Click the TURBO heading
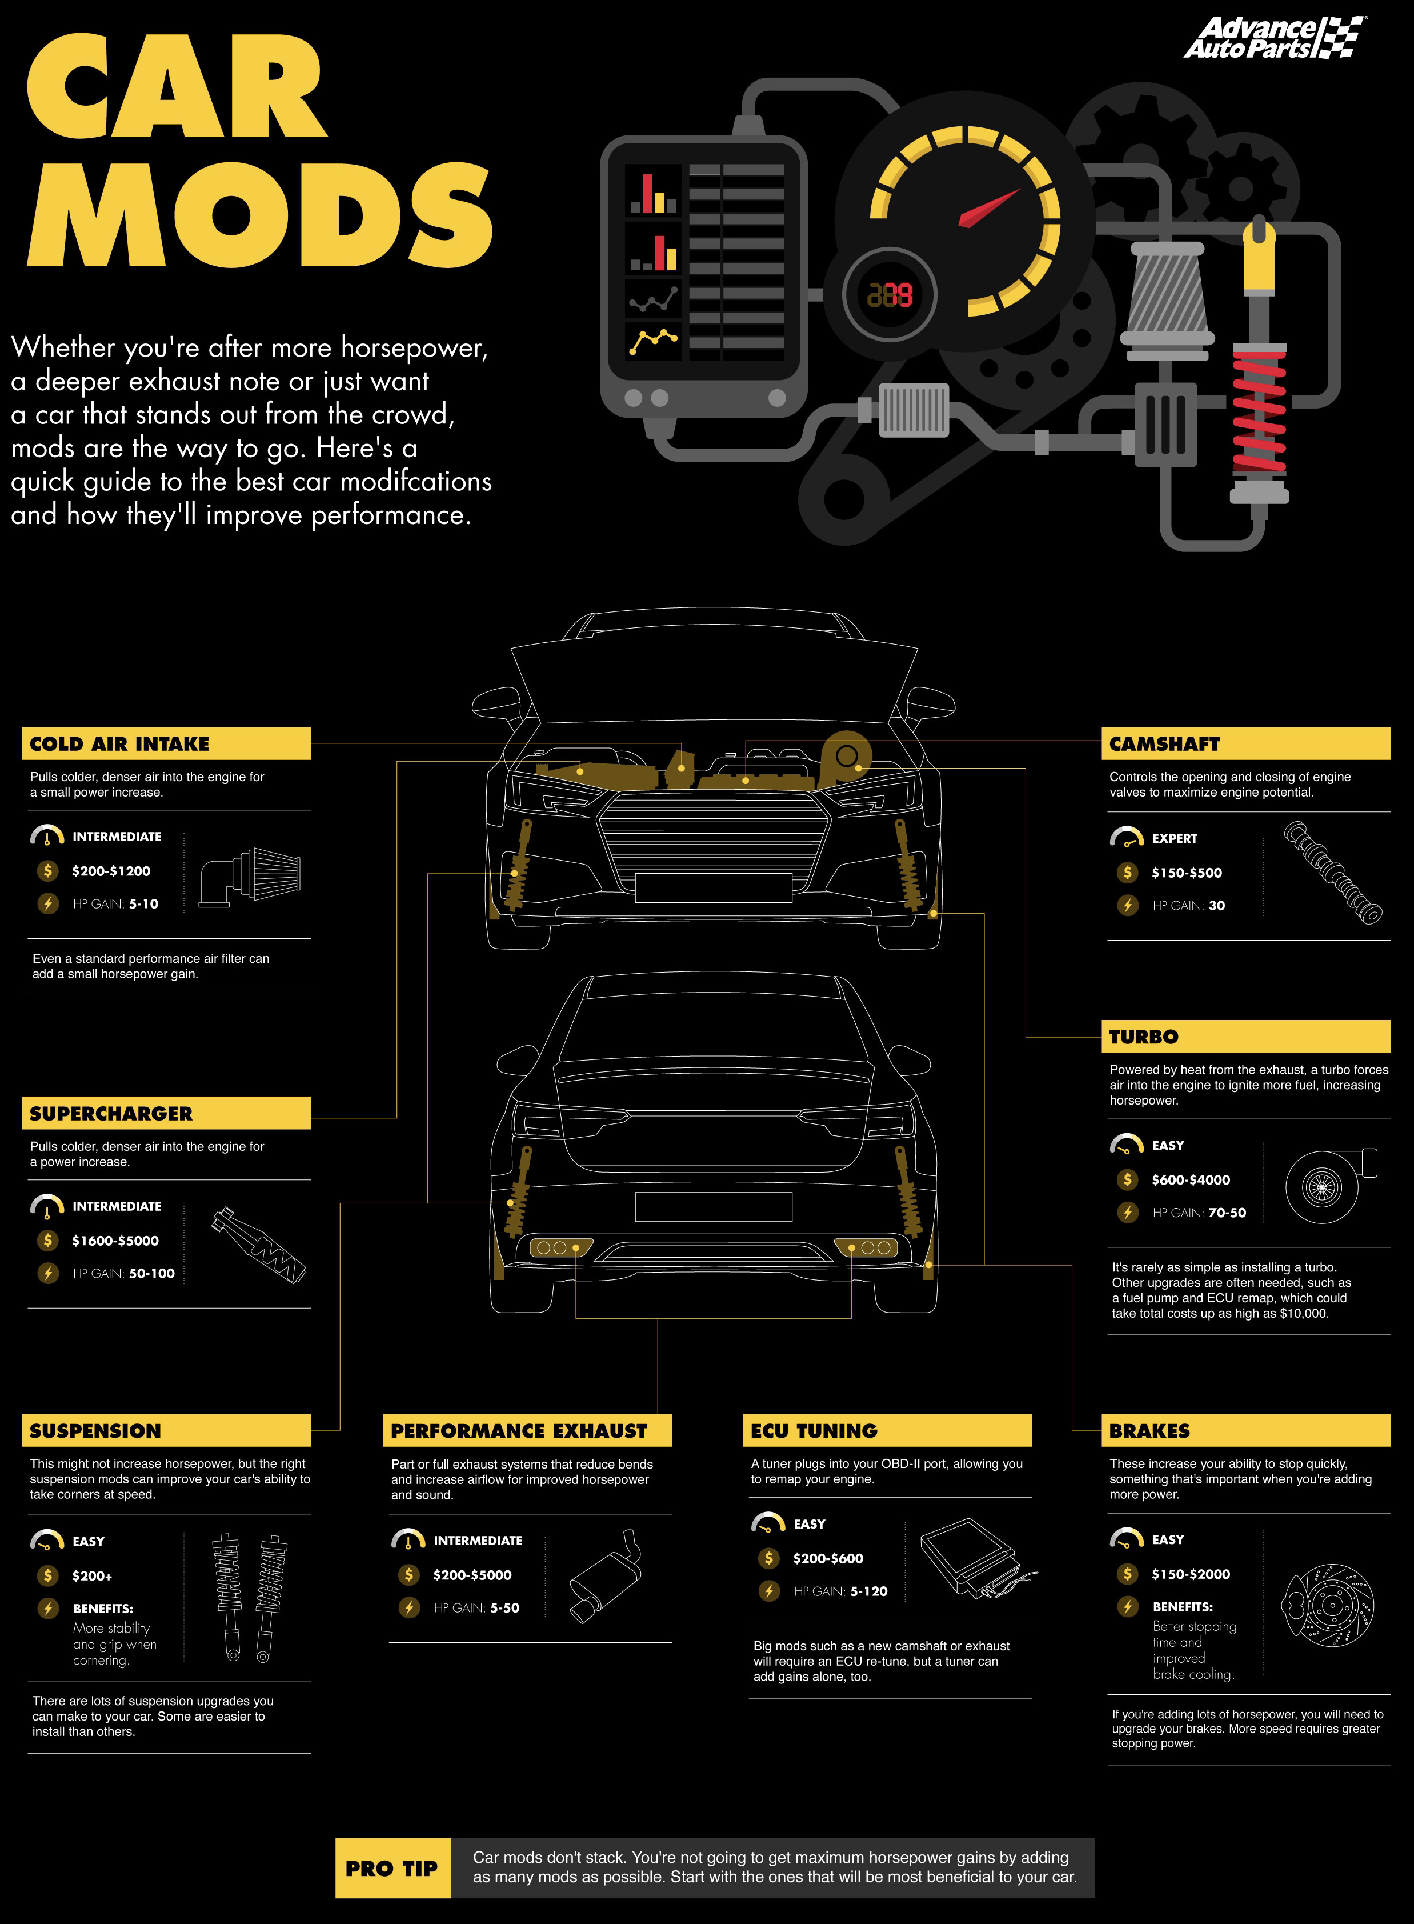[1144, 1037]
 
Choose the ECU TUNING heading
[814, 1430]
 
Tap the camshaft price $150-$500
[1186, 872]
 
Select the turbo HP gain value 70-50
[1227, 1212]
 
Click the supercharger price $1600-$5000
[115, 1240]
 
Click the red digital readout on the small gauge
[890, 295]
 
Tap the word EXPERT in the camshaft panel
[1175, 838]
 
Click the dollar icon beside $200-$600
[768, 1558]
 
